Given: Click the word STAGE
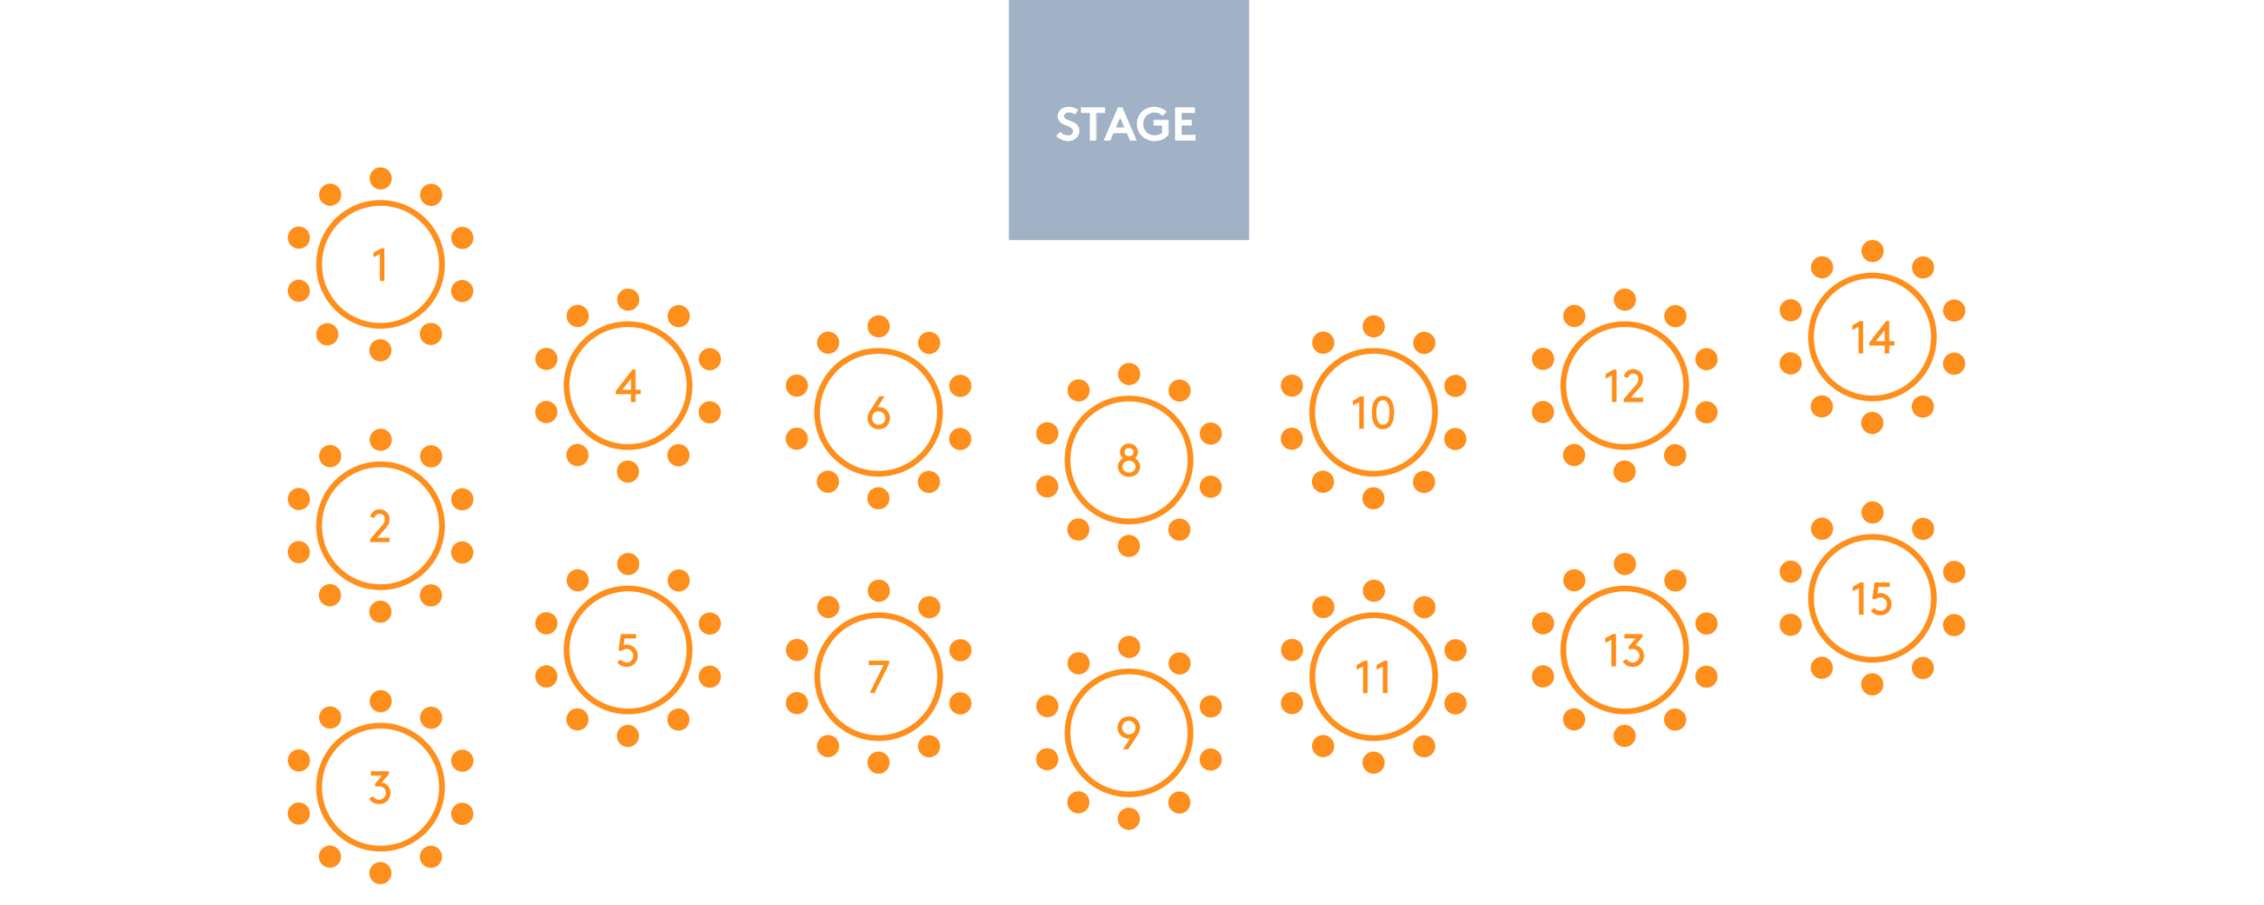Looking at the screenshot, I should pos(1126,124).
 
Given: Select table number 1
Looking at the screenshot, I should pos(381,265).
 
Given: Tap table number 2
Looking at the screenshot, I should pos(381,526).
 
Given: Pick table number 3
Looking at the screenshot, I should pos(381,787).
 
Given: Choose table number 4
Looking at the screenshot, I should pos(628,386).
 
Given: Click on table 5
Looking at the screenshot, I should pos(628,650).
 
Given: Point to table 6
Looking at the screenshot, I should pos(879,413).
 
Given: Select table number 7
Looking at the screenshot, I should pos(879,677).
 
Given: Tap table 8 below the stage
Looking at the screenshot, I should pos(1128,460).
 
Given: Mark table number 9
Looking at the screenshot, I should pos(1128,733).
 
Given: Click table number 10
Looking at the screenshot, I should pos(1374,413).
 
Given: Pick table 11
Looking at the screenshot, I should pos(1374,677).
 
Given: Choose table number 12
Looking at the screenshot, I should pos(1624,386).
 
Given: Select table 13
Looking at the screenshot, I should pos(1624,650).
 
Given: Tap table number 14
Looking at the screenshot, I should pos(1872,337).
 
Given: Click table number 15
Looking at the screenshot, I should pos(1872,598).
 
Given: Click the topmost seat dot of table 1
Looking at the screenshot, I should pos(381,178).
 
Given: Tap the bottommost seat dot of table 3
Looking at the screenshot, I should pos(381,873).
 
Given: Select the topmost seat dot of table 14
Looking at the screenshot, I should pos(1872,251).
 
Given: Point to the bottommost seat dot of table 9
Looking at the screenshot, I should pos(1128,819).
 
